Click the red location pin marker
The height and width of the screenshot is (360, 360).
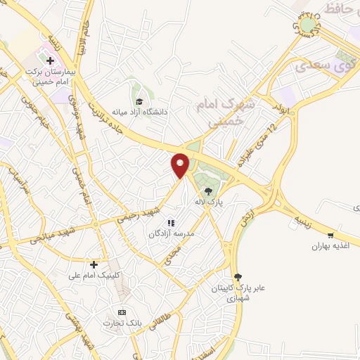point(181,164)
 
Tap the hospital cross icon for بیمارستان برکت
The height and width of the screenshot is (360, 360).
point(49,60)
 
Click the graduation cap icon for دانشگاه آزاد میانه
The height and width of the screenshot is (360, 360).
point(139,101)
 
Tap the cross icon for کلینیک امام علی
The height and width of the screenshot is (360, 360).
point(94,264)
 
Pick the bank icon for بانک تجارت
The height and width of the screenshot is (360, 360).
point(122,312)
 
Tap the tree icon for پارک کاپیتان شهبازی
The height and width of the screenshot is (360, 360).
point(237,277)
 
